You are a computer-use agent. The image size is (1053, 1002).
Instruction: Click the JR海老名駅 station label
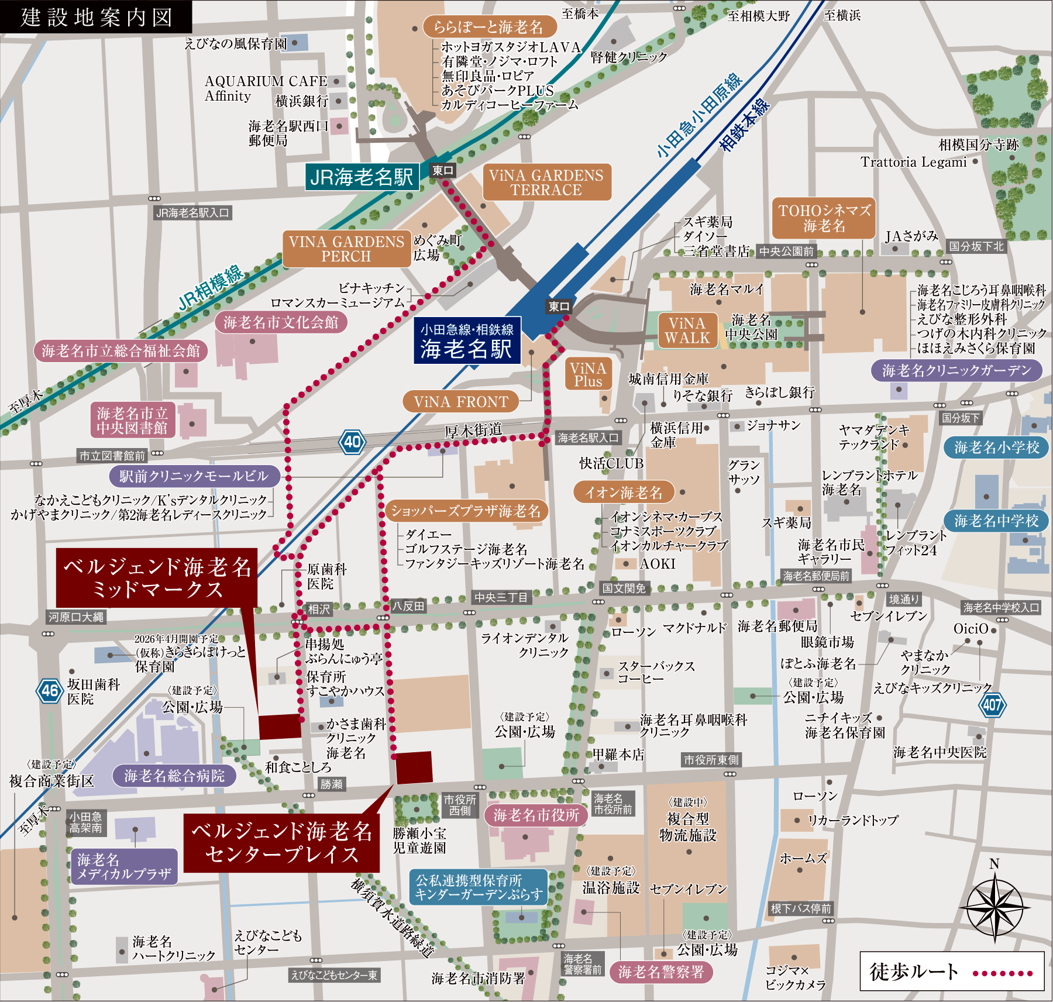362,177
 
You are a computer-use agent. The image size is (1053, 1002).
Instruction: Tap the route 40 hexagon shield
352,442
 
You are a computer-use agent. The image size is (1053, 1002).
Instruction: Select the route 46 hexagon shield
50,691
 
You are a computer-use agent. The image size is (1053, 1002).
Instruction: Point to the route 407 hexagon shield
992,705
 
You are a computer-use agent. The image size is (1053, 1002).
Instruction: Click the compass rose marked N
994,906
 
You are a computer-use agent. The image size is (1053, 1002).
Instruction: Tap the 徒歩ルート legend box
951,971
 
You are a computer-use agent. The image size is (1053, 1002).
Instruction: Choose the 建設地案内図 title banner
96,16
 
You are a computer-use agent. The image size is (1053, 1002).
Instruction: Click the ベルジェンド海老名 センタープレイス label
281,843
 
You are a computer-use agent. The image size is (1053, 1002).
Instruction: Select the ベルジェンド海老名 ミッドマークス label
157,577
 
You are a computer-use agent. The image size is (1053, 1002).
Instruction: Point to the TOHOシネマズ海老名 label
824,218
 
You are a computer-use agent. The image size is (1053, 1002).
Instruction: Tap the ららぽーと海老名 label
488,27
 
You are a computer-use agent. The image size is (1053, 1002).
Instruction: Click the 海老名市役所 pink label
536,815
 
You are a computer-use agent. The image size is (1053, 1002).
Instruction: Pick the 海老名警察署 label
660,972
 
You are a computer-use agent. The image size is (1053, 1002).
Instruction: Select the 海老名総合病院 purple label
174,776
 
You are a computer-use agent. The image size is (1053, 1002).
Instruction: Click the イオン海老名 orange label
624,493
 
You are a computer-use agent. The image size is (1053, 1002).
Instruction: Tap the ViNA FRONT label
461,402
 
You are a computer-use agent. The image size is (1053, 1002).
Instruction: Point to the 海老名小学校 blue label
996,447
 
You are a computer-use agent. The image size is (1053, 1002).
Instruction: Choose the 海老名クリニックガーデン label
956,370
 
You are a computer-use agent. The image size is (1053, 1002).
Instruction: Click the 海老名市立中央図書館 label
132,421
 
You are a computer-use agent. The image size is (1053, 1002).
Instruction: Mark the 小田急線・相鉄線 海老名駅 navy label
467,341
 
